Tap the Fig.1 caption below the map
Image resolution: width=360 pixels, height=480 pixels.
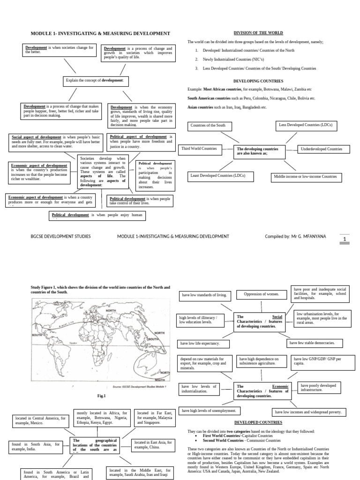pyautogui.click(x=102, y=396)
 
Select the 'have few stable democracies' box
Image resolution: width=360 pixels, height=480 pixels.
pyautogui.click(x=315, y=343)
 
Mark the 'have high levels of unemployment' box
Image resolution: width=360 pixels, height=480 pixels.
pyautogui.click(x=209, y=411)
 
